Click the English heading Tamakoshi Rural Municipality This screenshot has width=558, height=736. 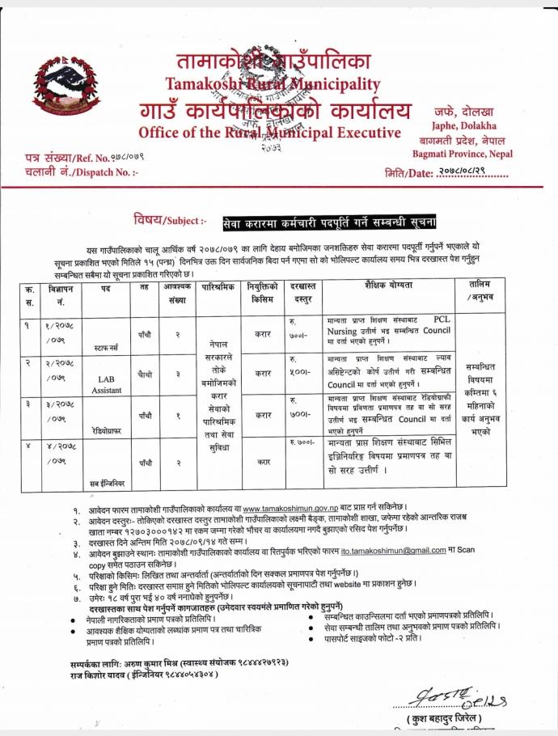(273, 83)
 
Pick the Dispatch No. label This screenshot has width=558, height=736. (82, 171)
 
